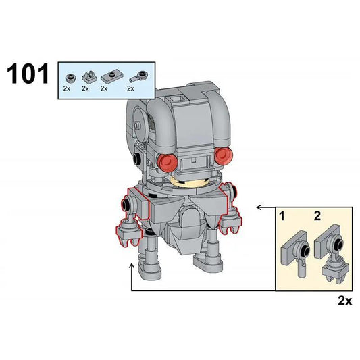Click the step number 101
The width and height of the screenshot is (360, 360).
tap(28, 73)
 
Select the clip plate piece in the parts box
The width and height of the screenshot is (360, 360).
tap(86, 76)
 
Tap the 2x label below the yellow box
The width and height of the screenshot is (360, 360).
tap(344, 301)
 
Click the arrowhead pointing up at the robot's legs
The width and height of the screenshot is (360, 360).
tap(132, 268)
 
